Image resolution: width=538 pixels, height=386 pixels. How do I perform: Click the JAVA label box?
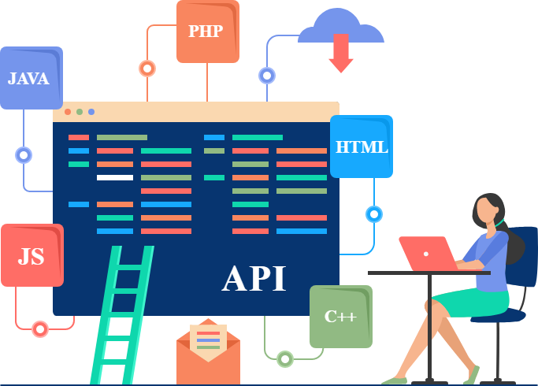[x=31, y=78]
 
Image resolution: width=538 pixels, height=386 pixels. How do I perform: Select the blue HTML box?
[x=361, y=147]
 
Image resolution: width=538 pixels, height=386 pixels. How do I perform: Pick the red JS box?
[x=32, y=255]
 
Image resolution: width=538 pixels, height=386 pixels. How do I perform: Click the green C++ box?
[x=340, y=317]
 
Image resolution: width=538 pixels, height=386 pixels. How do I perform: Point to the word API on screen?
[x=254, y=278]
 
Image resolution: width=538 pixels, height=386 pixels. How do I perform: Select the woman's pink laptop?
[x=426, y=253]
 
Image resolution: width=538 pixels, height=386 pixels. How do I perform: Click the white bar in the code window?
[x=115, y=177]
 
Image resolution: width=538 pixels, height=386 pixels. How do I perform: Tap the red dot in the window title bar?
[x=68, y=112]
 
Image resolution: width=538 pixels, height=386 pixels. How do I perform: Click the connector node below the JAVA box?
[x=24, y=155]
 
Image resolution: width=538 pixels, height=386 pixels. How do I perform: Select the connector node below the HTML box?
[x=373, y=214]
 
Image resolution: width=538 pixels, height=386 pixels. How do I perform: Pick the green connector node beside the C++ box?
[x=285, y=359]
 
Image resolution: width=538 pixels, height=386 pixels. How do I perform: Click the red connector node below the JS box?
[x=40, y=329]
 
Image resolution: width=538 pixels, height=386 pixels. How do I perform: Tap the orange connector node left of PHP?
[x=147, y=69]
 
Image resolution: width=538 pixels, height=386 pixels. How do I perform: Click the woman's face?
[x=489, y=211]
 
